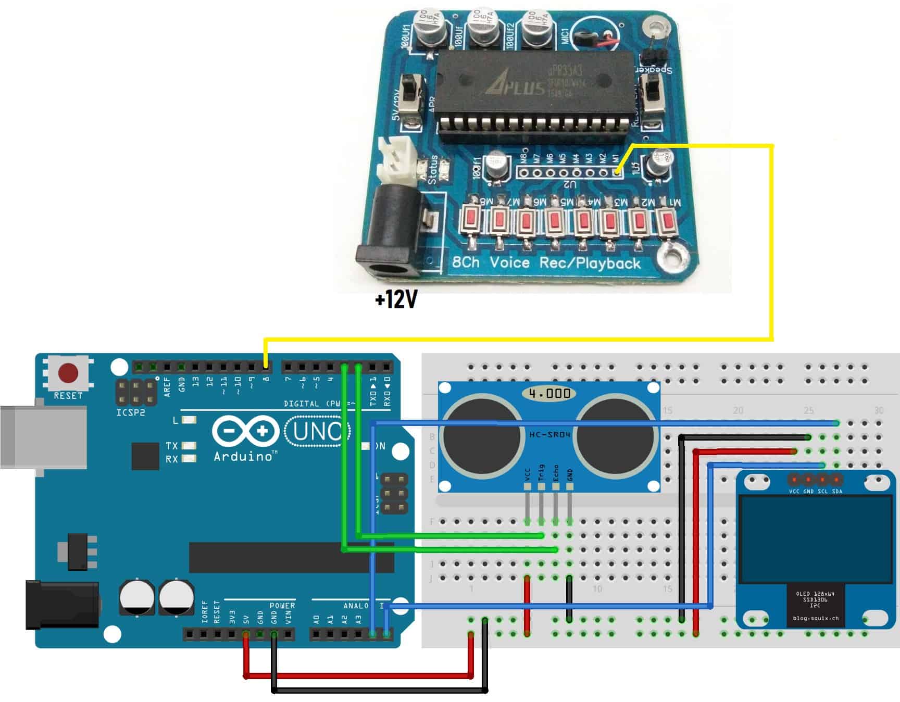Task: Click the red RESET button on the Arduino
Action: pyautogui.click(x=68, y=373)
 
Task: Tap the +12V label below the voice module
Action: pyautogui.click(x=396, y=300)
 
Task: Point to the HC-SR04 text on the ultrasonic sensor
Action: pyautogui.click(x=549, y=434)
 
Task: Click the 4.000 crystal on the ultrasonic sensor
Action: pyautogui.click(x=549, y=393)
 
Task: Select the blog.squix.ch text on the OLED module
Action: pyautogui.click(x=816, y=619)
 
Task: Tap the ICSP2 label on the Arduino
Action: pyautogui.click(x=131, y=413)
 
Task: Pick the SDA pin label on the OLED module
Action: pyautogui.click(x=837, y=492)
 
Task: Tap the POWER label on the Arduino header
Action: pyautogui.click(x=282, y=606)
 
